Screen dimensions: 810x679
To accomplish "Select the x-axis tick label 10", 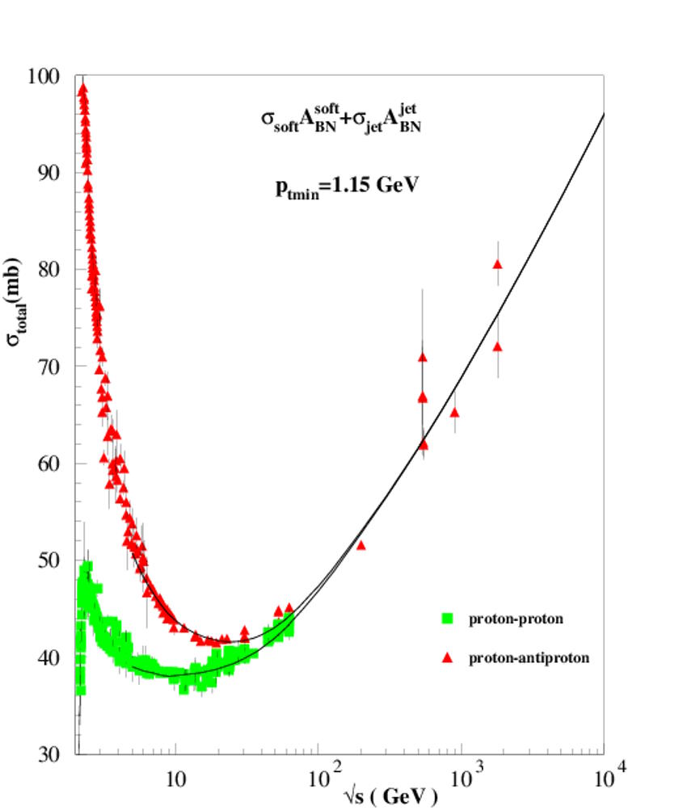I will tap(175, 781).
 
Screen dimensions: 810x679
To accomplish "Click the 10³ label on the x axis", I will tap(462, 779).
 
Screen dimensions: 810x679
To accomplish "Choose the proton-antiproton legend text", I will tap(529, 658).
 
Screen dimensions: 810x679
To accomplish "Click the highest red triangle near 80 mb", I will tap(498, 264).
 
